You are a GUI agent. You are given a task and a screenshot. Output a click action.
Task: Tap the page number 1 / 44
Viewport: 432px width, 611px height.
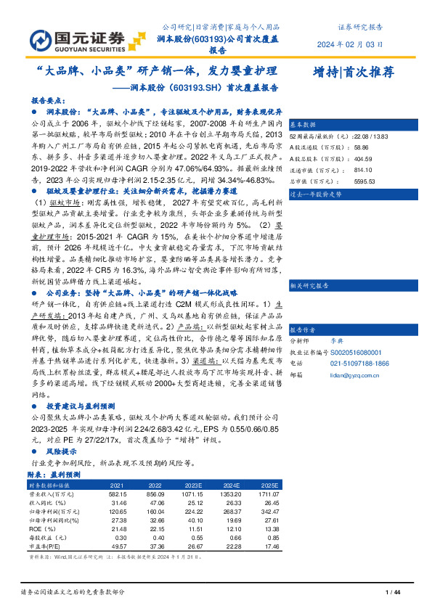pos(393,593)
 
